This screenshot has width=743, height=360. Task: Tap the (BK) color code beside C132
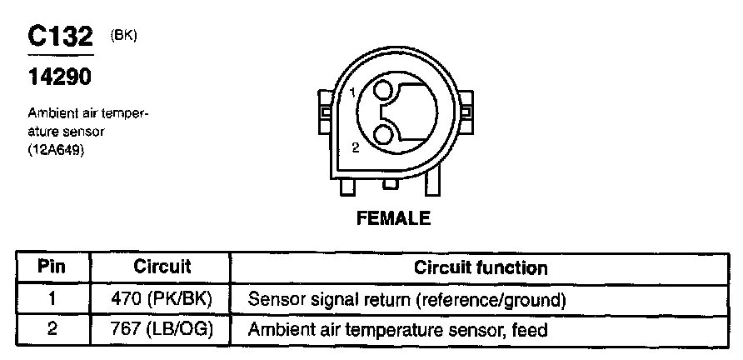click(122, 36)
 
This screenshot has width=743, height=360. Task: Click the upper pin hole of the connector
click(383, 91)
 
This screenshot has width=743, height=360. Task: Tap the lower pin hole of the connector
click(383, 134)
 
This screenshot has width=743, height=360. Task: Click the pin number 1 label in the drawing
click(354, 92)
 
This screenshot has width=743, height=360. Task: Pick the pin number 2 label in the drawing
click(355, 147)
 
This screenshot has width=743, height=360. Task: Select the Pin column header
click(52, 267)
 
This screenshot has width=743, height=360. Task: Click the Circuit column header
click(162, 267)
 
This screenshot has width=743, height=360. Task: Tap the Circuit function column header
click(481, 267)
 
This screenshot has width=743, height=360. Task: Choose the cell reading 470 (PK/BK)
click(162, 298)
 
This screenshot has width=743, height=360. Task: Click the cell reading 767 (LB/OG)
click(162, 329)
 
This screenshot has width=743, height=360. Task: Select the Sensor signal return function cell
click(407, 298)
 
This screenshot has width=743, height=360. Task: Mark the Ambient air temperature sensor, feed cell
click(397, 329)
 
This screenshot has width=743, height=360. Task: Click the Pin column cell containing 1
click(52, 298)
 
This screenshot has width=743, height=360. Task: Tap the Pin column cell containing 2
click(52, 329)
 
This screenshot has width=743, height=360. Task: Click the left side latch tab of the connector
click(322, 112)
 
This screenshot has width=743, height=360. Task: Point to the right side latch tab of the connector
click(466, 112)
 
